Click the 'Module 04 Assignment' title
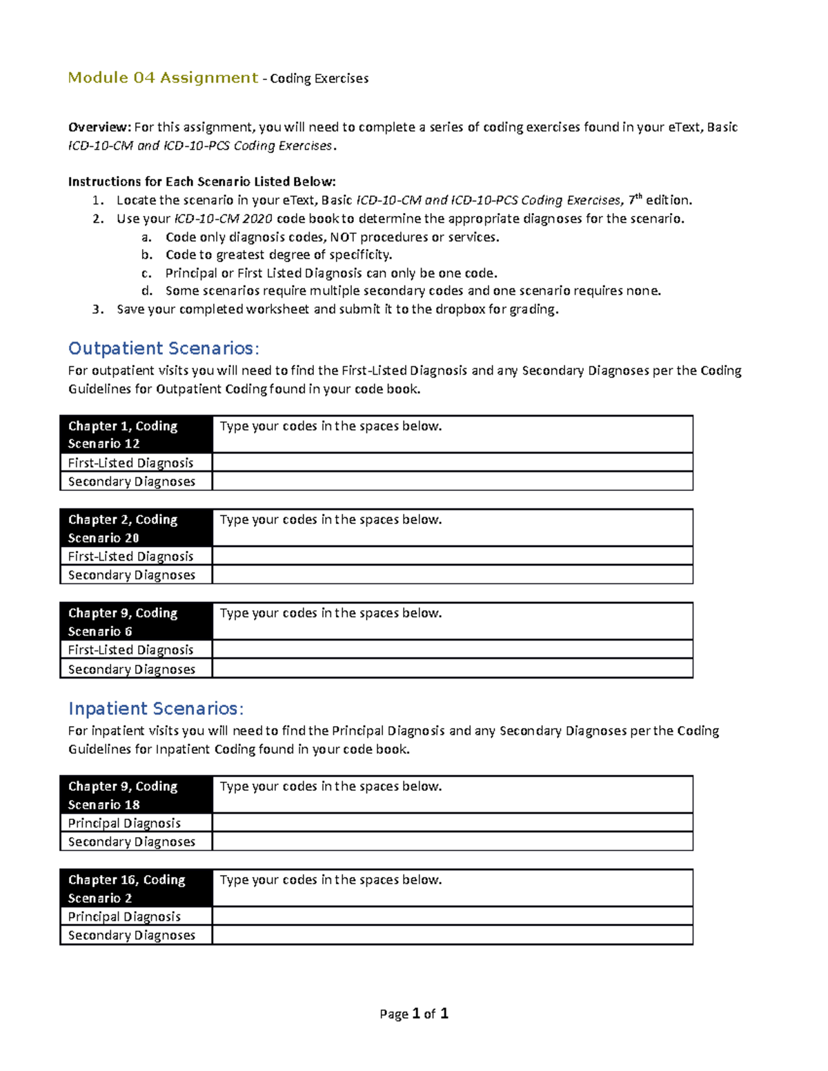pyautogui.click(x=163, y=78)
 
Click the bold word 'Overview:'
pyautogui.click(x=99, y=127)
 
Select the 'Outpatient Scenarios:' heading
pyautogui.click(x=164, y=348)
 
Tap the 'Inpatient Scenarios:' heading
pyautogui.click(x=156, y=709)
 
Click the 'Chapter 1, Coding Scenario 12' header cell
pyautogui.click(x=136, y=434)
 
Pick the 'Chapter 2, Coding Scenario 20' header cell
pyautogui.click(x=136, y=528)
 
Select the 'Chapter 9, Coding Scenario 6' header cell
pyautogui.click(x=136, y=621)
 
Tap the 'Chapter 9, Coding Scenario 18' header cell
pyautogui.click(x=136, y=794)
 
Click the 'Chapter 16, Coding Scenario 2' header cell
pyautogui.click(x=136, y=888)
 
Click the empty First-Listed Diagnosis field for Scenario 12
pyautogui.click(x=452, y=462)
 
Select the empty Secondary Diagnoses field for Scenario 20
pyautogui.click(x=452, y=574)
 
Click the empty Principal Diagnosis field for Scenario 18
pyautogui.click(x=452, y=823)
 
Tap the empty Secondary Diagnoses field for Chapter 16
pyautogui.click(x=452, y=935)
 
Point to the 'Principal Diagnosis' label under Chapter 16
pyautogui.click(x=124, y=917)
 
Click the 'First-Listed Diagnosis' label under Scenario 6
pyautogui.click(x=130, y=650)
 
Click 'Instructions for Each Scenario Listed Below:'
pyautogui.click(x=201, y=182)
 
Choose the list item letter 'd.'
pyautogui.click(x=146, y=291)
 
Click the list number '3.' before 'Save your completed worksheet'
pyautogui.click(x=98, y=310)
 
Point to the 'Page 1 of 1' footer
pyautogui.click(x=414, y=1014)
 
